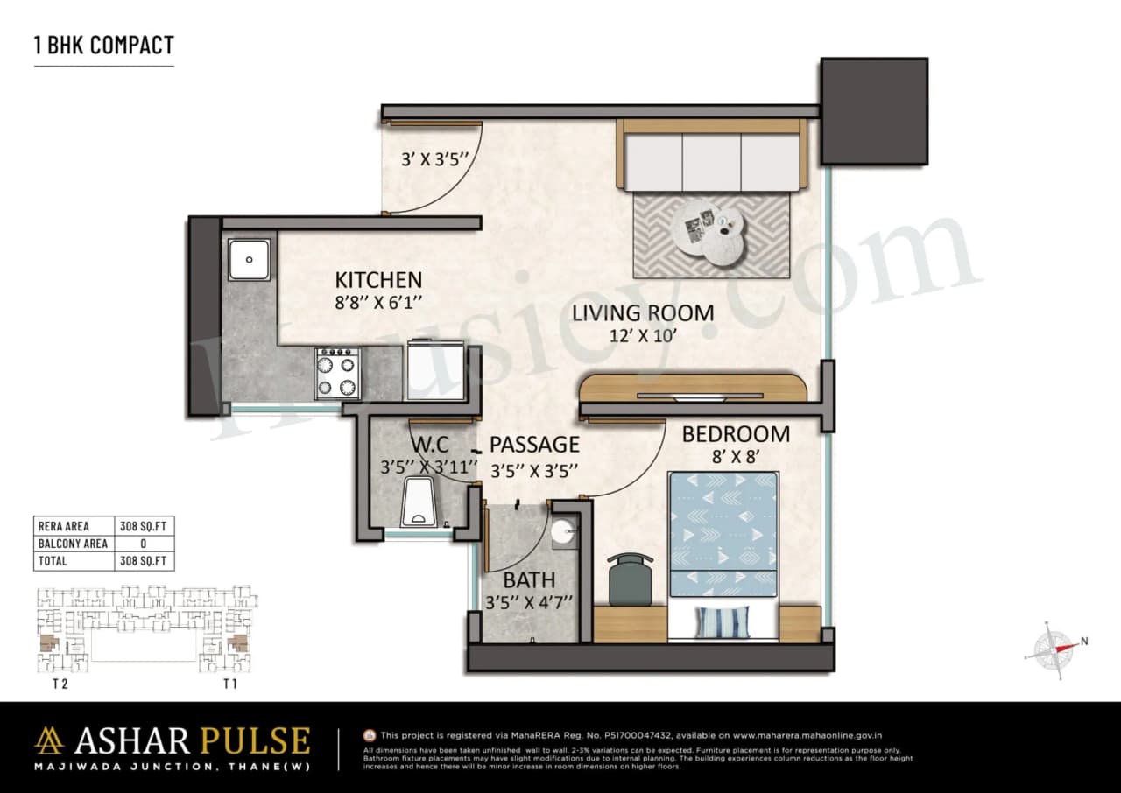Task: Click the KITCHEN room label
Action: coord(378,280)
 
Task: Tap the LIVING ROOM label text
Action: coord(643,312)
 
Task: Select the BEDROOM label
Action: coord(736,433)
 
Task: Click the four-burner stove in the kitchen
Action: coord(338,374)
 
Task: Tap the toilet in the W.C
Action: coord(422,506)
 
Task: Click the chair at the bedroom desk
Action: coord(629,579)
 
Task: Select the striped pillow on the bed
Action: coord(723,622)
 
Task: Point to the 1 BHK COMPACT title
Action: coord(104,46)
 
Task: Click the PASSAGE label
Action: coord(534,445)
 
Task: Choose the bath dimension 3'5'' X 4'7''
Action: coord(529,602)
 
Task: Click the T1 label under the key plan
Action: coord(230,684)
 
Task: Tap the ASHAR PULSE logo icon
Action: coord(49,740)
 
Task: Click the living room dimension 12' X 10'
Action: coord(644,335)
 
